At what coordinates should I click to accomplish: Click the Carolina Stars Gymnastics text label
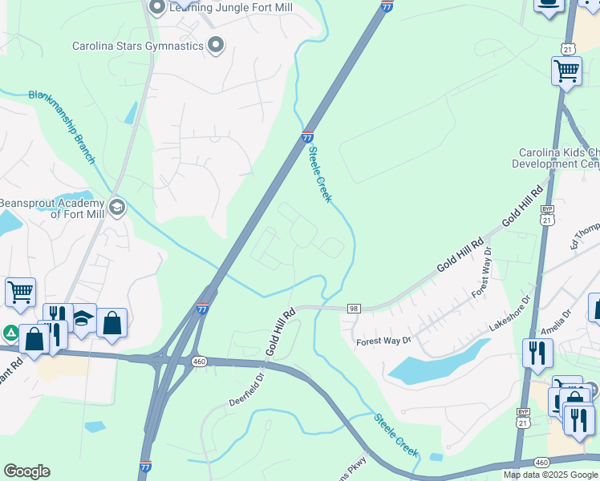(138, 46)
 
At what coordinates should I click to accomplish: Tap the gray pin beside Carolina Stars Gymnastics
(215, 46)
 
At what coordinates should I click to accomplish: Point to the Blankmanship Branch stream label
(62, 127)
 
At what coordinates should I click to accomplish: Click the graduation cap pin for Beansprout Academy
(116, 208)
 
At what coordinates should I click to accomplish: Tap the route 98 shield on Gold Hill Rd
(354, 309)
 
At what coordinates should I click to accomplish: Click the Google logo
(26, 471)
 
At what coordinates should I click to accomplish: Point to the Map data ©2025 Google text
(550, 475)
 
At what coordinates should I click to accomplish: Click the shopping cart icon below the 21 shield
(566, 72)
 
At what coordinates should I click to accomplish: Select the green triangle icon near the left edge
(10, 332)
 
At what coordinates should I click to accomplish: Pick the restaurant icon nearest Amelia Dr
(537, 353)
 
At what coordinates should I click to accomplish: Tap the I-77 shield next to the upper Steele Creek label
(308, 137)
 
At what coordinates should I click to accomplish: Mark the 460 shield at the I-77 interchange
(199, 362)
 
